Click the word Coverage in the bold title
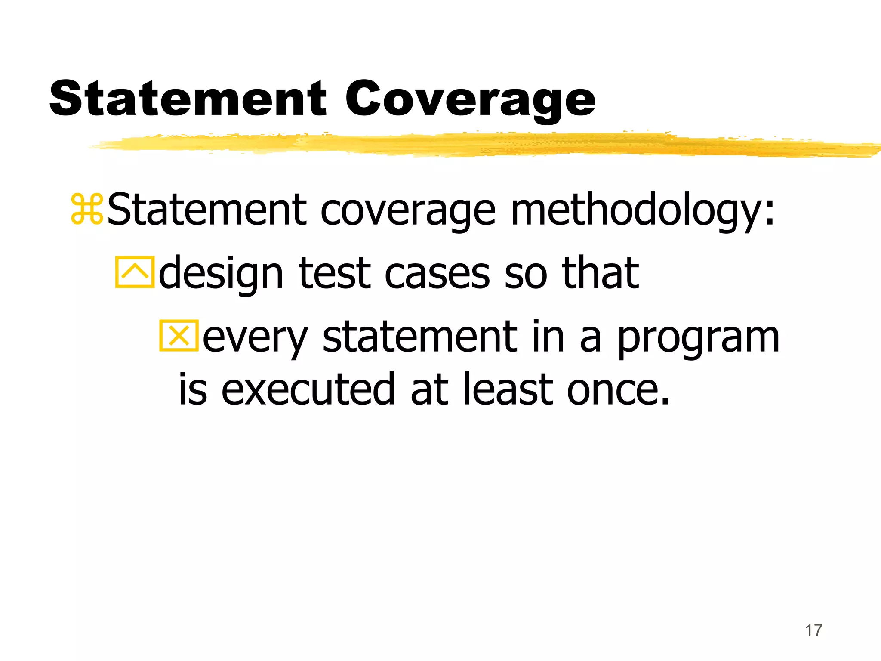[470, 100]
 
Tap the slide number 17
[813, 630]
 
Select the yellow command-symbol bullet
[87, 210]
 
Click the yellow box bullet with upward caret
[135, 272]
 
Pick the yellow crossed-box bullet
[179, 336]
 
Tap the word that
[600, 273]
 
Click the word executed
[308, 389]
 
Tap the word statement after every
[419, 337]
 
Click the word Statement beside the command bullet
[206, 210]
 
